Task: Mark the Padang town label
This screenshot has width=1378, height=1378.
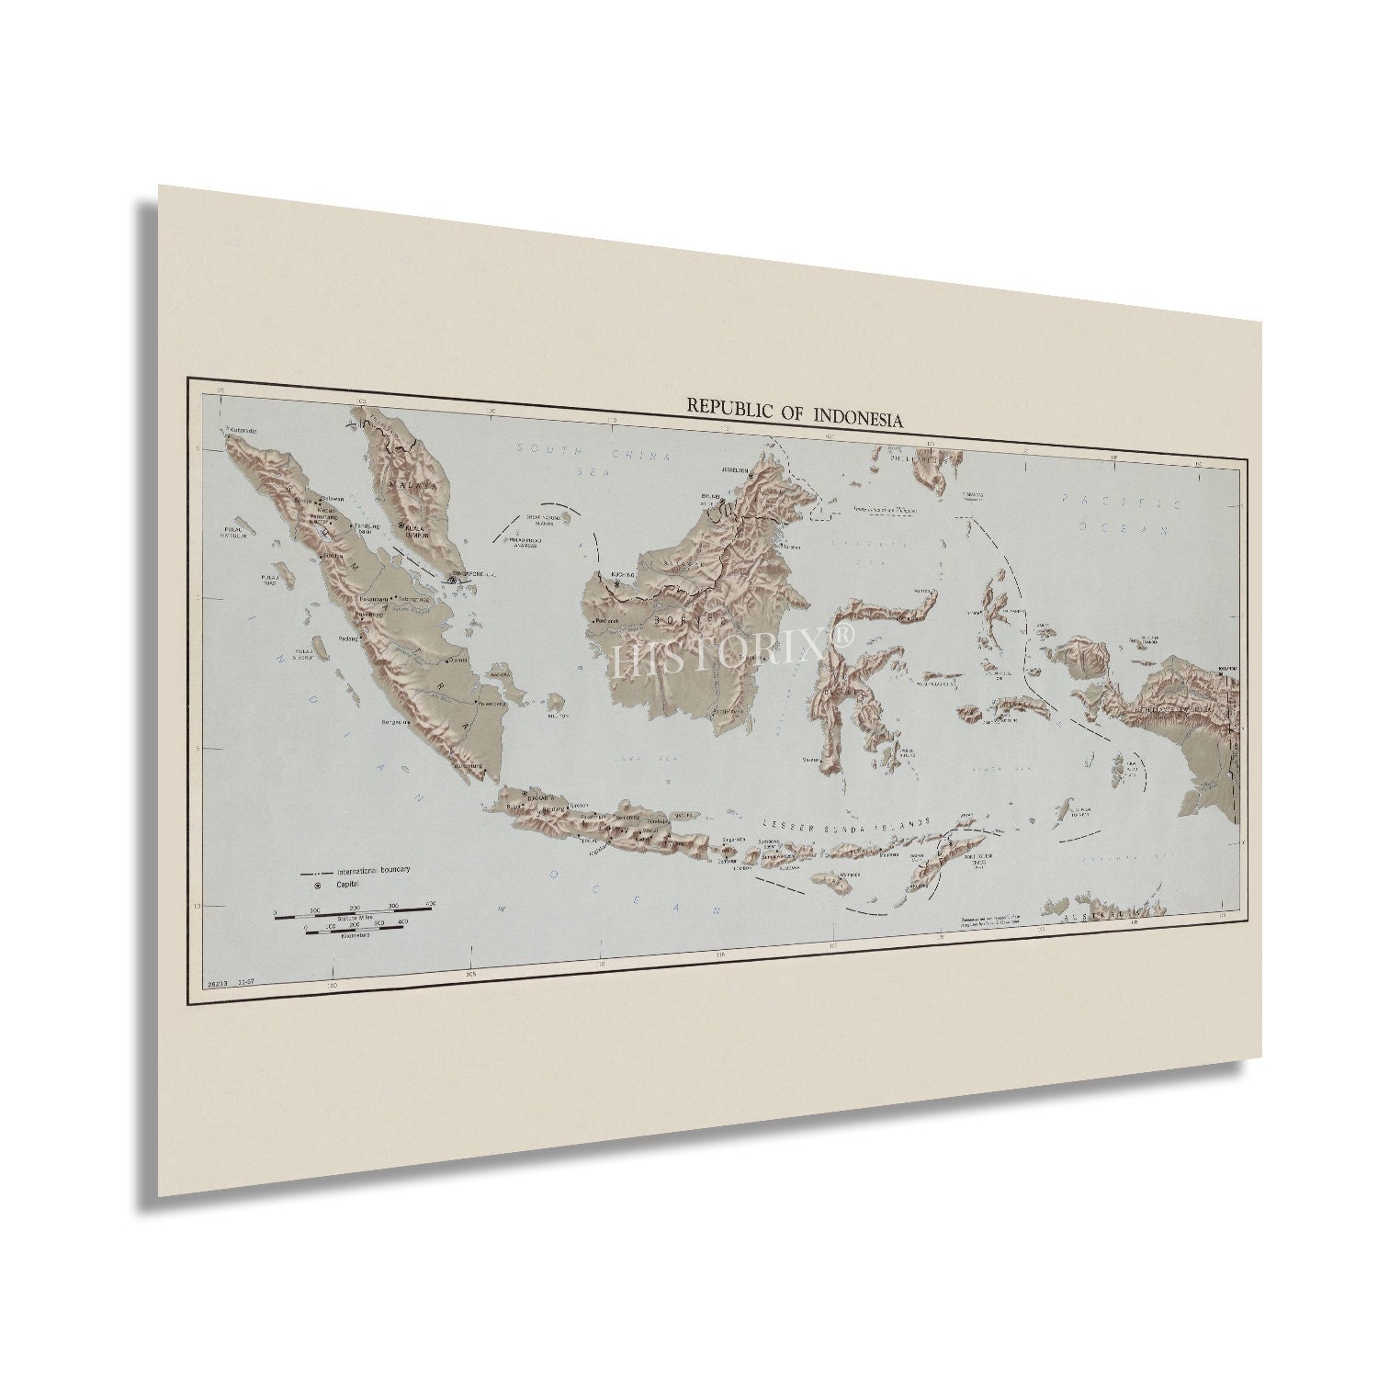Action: coord(349,638)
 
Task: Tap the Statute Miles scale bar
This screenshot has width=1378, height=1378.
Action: coord(353,909)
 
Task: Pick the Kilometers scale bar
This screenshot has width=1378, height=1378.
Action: coord(353,930)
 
